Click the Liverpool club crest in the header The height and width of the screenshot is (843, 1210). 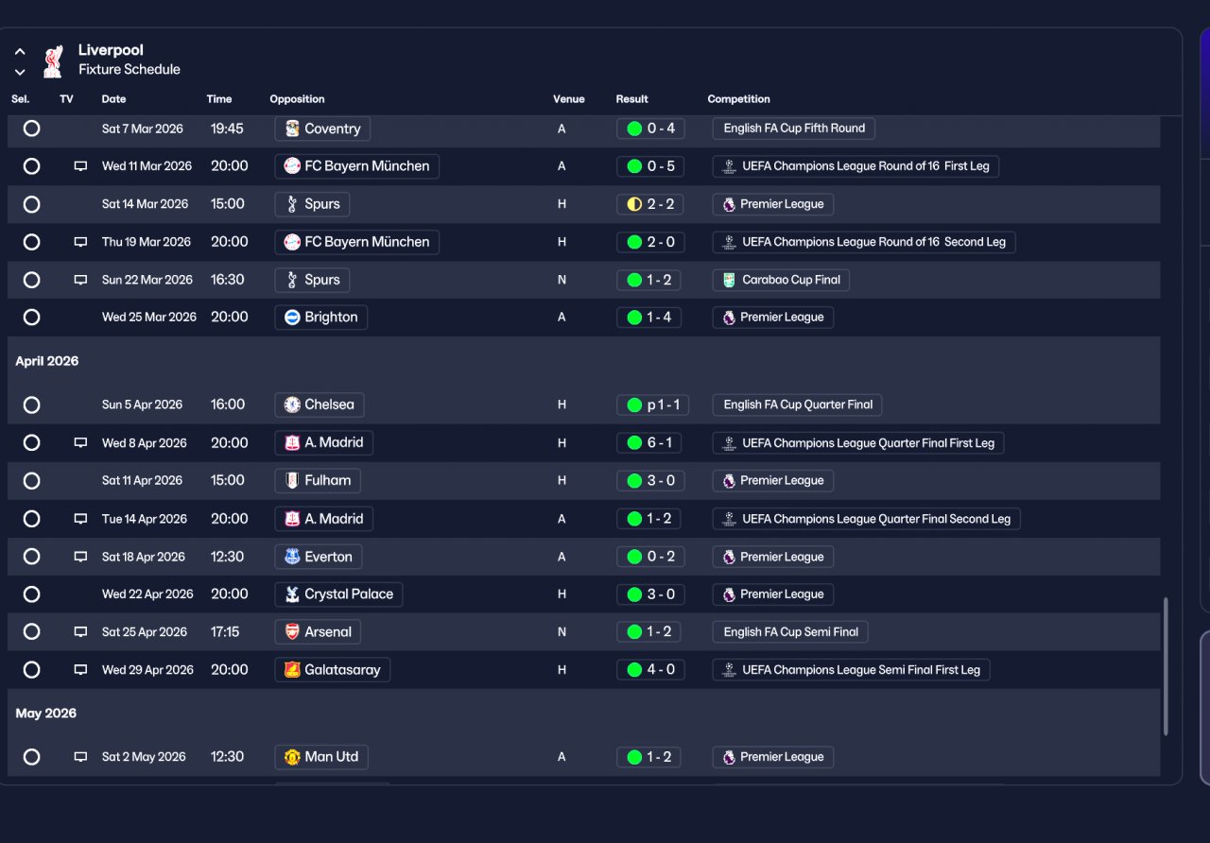coord(53,61)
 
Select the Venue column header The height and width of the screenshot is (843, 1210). coord(568,99)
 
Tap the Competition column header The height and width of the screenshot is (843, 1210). coord(738,99)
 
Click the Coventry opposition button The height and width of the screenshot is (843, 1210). coord(322,129)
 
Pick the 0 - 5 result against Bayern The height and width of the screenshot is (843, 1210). coord(650,166)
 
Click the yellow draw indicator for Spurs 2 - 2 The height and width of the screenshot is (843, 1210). coord(634,204)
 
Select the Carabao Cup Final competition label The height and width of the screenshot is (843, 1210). coord(781,280)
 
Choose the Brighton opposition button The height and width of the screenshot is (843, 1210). coord(320,318)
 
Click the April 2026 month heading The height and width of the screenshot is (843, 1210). coord(47,361)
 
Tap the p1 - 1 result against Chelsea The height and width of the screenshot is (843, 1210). coord(652,405)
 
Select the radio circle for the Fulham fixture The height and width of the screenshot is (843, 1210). coord(32,481)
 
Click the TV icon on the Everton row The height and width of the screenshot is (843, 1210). coord(80,557)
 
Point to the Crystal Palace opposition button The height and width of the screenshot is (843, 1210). coord(338,594)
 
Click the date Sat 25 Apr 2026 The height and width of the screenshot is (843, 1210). coord(145,632)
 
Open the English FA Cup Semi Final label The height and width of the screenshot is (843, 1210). coord(790,632)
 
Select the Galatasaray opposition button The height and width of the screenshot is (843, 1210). coord(332,670)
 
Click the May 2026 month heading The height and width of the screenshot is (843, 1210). coord(46,714)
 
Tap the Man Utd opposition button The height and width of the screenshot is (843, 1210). coord(321,757)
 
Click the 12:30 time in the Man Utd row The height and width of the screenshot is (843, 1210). coord(227,757)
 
